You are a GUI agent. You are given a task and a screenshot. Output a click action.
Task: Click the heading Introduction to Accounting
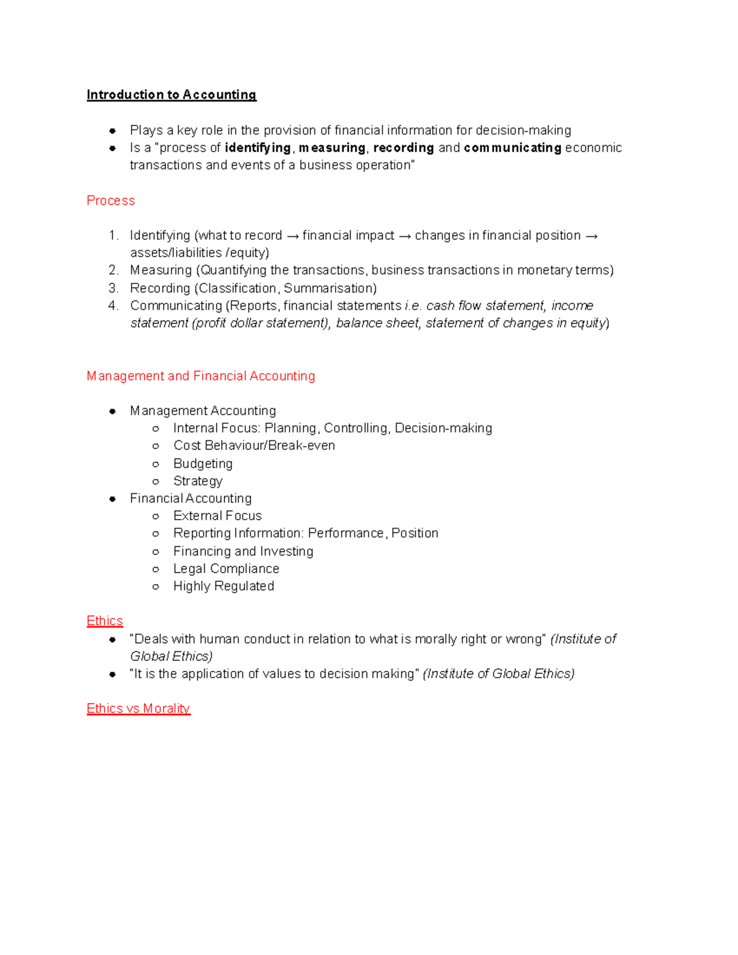[x=171, y=95]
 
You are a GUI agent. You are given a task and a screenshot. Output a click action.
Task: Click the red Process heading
[x=111, y=200]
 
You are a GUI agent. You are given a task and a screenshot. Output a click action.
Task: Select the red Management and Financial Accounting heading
[x=200, y=376]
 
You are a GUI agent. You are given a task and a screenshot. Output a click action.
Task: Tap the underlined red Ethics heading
[x=105, y=620]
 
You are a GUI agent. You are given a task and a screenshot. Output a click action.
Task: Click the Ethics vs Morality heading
[x=138, y=708]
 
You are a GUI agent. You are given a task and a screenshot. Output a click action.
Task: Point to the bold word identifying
[x=258, y=148]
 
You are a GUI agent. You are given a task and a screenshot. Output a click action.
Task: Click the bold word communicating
[x=512, y=148]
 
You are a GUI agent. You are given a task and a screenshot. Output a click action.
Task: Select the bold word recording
[x=403, y=148]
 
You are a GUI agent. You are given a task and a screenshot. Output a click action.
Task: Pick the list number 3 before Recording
[x=113, y=288]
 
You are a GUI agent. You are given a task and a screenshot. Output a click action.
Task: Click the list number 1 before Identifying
[x=113, y=236]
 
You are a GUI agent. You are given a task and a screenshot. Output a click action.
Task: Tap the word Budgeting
[x=203, y=463]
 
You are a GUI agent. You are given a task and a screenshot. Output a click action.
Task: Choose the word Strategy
[x=197, y=481]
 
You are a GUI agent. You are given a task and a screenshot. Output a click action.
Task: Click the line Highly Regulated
[x=223, y=586]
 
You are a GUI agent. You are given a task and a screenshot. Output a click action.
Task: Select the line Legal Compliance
[x=226, y=569]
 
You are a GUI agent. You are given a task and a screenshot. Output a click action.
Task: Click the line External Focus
[x=217, y=515]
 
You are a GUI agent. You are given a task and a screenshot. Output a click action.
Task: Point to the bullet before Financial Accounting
[x=113, y=499]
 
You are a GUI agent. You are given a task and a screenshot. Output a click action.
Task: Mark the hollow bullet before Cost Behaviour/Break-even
[x=156, y=446]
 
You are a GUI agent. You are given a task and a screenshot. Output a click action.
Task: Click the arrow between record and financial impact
[x=292, y=236]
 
